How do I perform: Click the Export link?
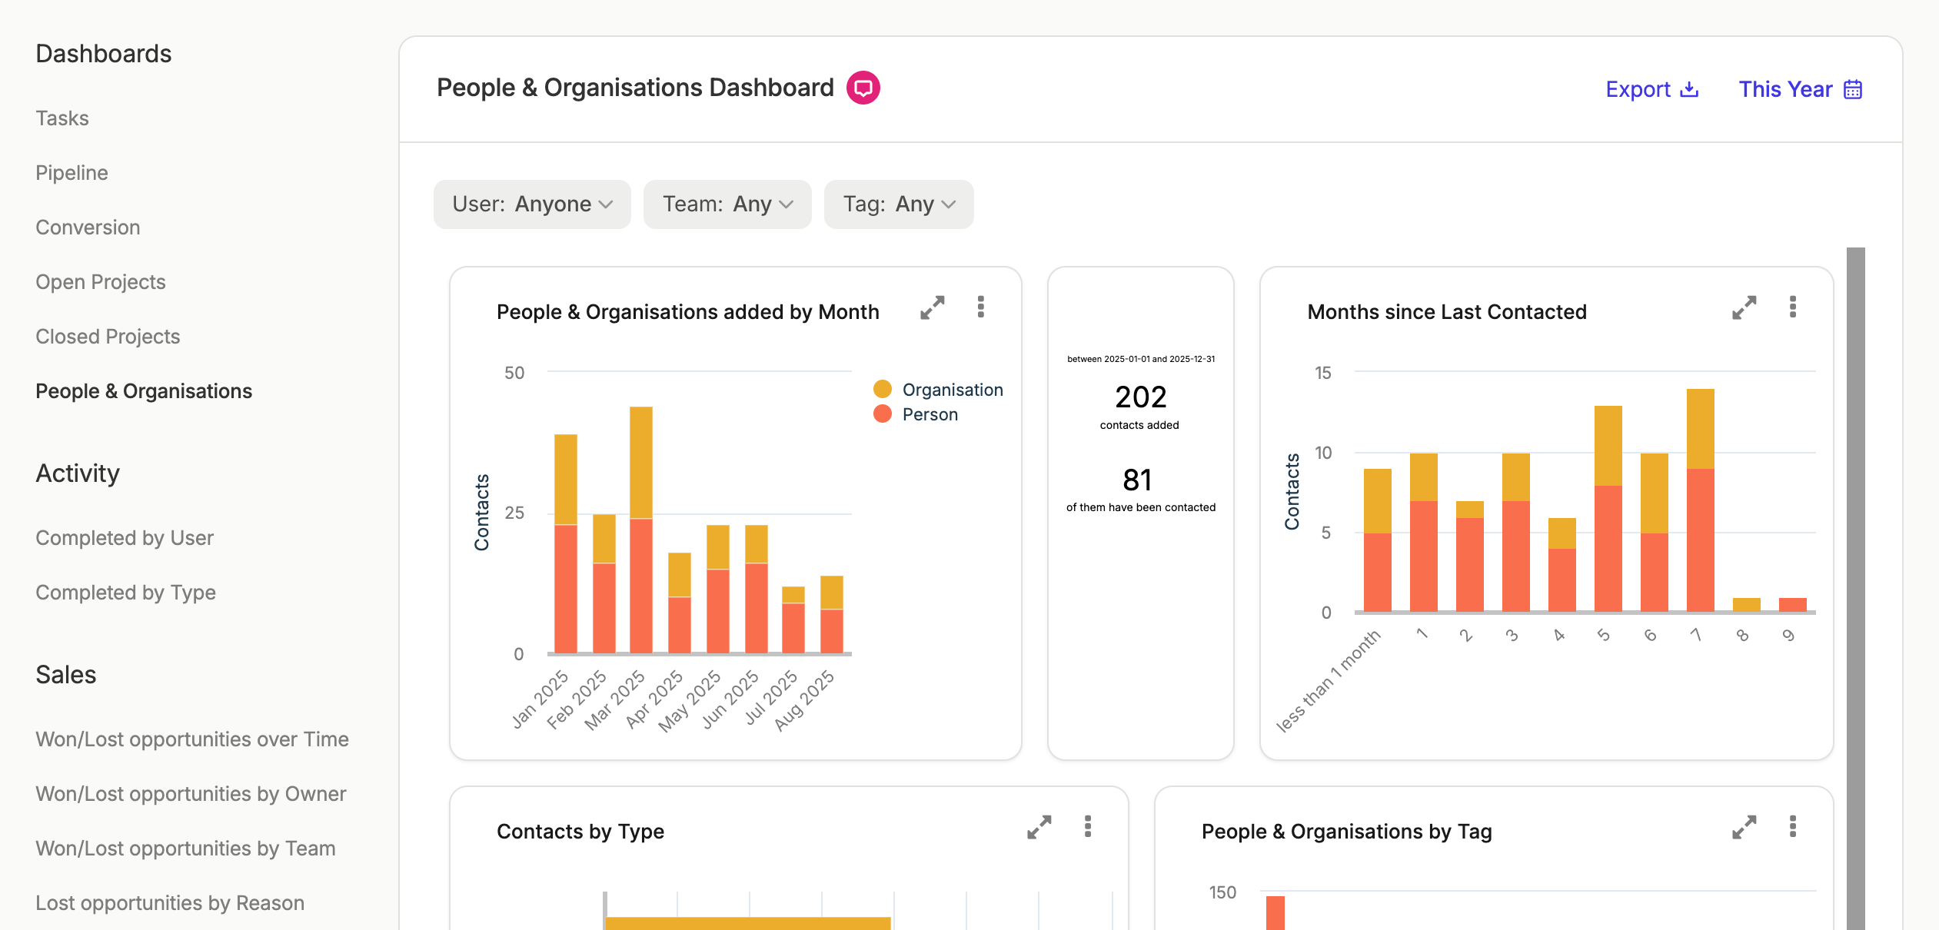tap(1651, 89)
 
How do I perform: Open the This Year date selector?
tap(1800, 89)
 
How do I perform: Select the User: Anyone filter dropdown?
tap(532, 204)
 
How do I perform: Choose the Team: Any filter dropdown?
tap(727, 204)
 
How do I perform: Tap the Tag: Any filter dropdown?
tap(899, 204)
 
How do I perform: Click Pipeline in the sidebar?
tap(72, 173)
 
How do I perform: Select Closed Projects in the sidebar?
tap(108, 337)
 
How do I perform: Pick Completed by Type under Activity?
tap(125, 593)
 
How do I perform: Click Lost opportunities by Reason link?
tap(170, 903)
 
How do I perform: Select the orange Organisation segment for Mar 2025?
tap(641, 463)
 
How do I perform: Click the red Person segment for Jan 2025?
tap(566, 589)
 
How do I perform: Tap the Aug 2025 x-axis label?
tap(804, 700)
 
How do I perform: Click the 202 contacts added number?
tap(1141, 397)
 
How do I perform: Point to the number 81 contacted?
tap(1137, 480)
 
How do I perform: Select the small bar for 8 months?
tap(1747, 605)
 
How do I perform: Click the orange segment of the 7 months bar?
tap(1701, 429)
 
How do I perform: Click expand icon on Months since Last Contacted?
tap(1744, 307)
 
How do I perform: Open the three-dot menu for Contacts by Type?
tap(1088, 826)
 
